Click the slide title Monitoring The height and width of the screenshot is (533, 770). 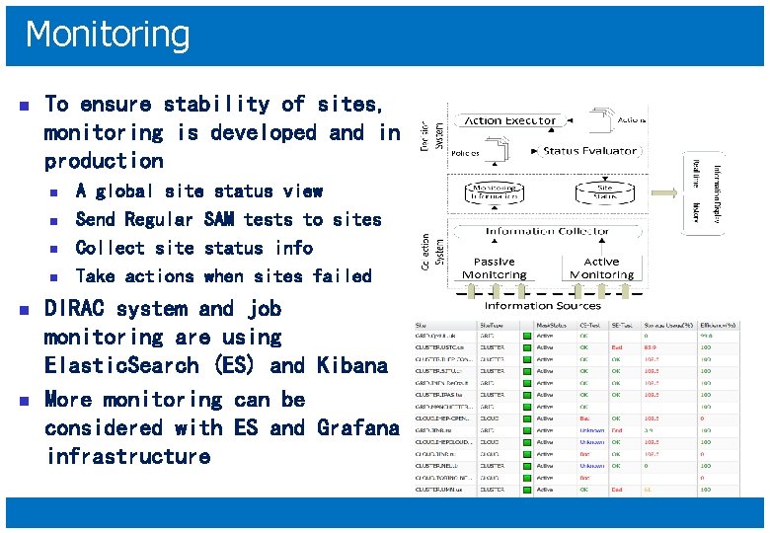[x=107, y=35]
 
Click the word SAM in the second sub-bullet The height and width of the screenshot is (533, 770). [x=223, y=219]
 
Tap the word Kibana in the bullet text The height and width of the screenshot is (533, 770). [x=352, y=365]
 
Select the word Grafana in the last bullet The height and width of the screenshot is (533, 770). [x=358, y=427]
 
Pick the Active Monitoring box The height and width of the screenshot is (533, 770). [x=602, y=267]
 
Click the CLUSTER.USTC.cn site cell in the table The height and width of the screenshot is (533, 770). [x=439, y=347]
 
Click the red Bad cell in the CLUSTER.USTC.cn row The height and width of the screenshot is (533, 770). [x=616, y=347]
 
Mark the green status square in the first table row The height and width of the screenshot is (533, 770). [x=528, y=335]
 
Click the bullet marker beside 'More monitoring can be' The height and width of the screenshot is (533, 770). [x=25, y=401]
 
